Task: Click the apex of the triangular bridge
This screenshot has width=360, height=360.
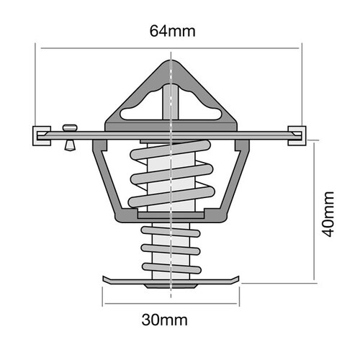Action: [171, 60]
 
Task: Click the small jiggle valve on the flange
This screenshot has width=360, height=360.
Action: [70, 136]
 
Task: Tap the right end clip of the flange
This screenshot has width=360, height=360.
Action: [297, 134]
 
